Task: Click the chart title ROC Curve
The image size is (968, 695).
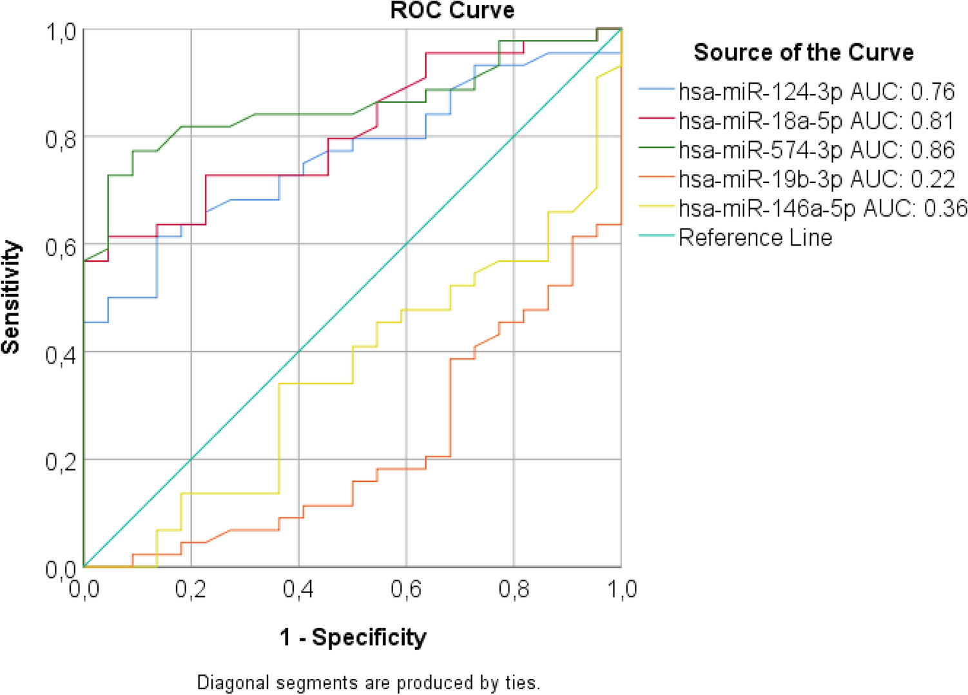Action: (452, 10)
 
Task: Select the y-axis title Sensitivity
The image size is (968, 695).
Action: (12, 297)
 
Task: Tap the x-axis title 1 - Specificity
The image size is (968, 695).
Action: (353, 637)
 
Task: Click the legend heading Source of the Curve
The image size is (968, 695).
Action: (803, 52)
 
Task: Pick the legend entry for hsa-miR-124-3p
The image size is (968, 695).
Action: (816, 92)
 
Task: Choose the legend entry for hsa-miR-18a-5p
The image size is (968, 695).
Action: (816, 121)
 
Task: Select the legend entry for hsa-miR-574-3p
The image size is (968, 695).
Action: (816, 150)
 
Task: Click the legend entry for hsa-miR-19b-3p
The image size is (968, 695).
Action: (816, 179)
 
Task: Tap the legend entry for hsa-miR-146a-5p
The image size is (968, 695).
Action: (822, 208)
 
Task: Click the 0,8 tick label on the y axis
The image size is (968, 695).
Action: (61, 139)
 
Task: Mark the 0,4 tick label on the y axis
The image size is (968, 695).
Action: (61, 354)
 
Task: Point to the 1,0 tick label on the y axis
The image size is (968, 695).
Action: (61, 31)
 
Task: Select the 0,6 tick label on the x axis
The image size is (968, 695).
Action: (406, 589)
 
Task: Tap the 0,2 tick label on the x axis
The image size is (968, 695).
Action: (191, 589)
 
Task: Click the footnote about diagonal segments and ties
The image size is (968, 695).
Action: (369, 682)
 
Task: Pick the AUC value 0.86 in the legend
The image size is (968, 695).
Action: (933, 150)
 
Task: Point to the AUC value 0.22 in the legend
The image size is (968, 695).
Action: (933, 179)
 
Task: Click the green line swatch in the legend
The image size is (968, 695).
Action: (656, 148)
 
